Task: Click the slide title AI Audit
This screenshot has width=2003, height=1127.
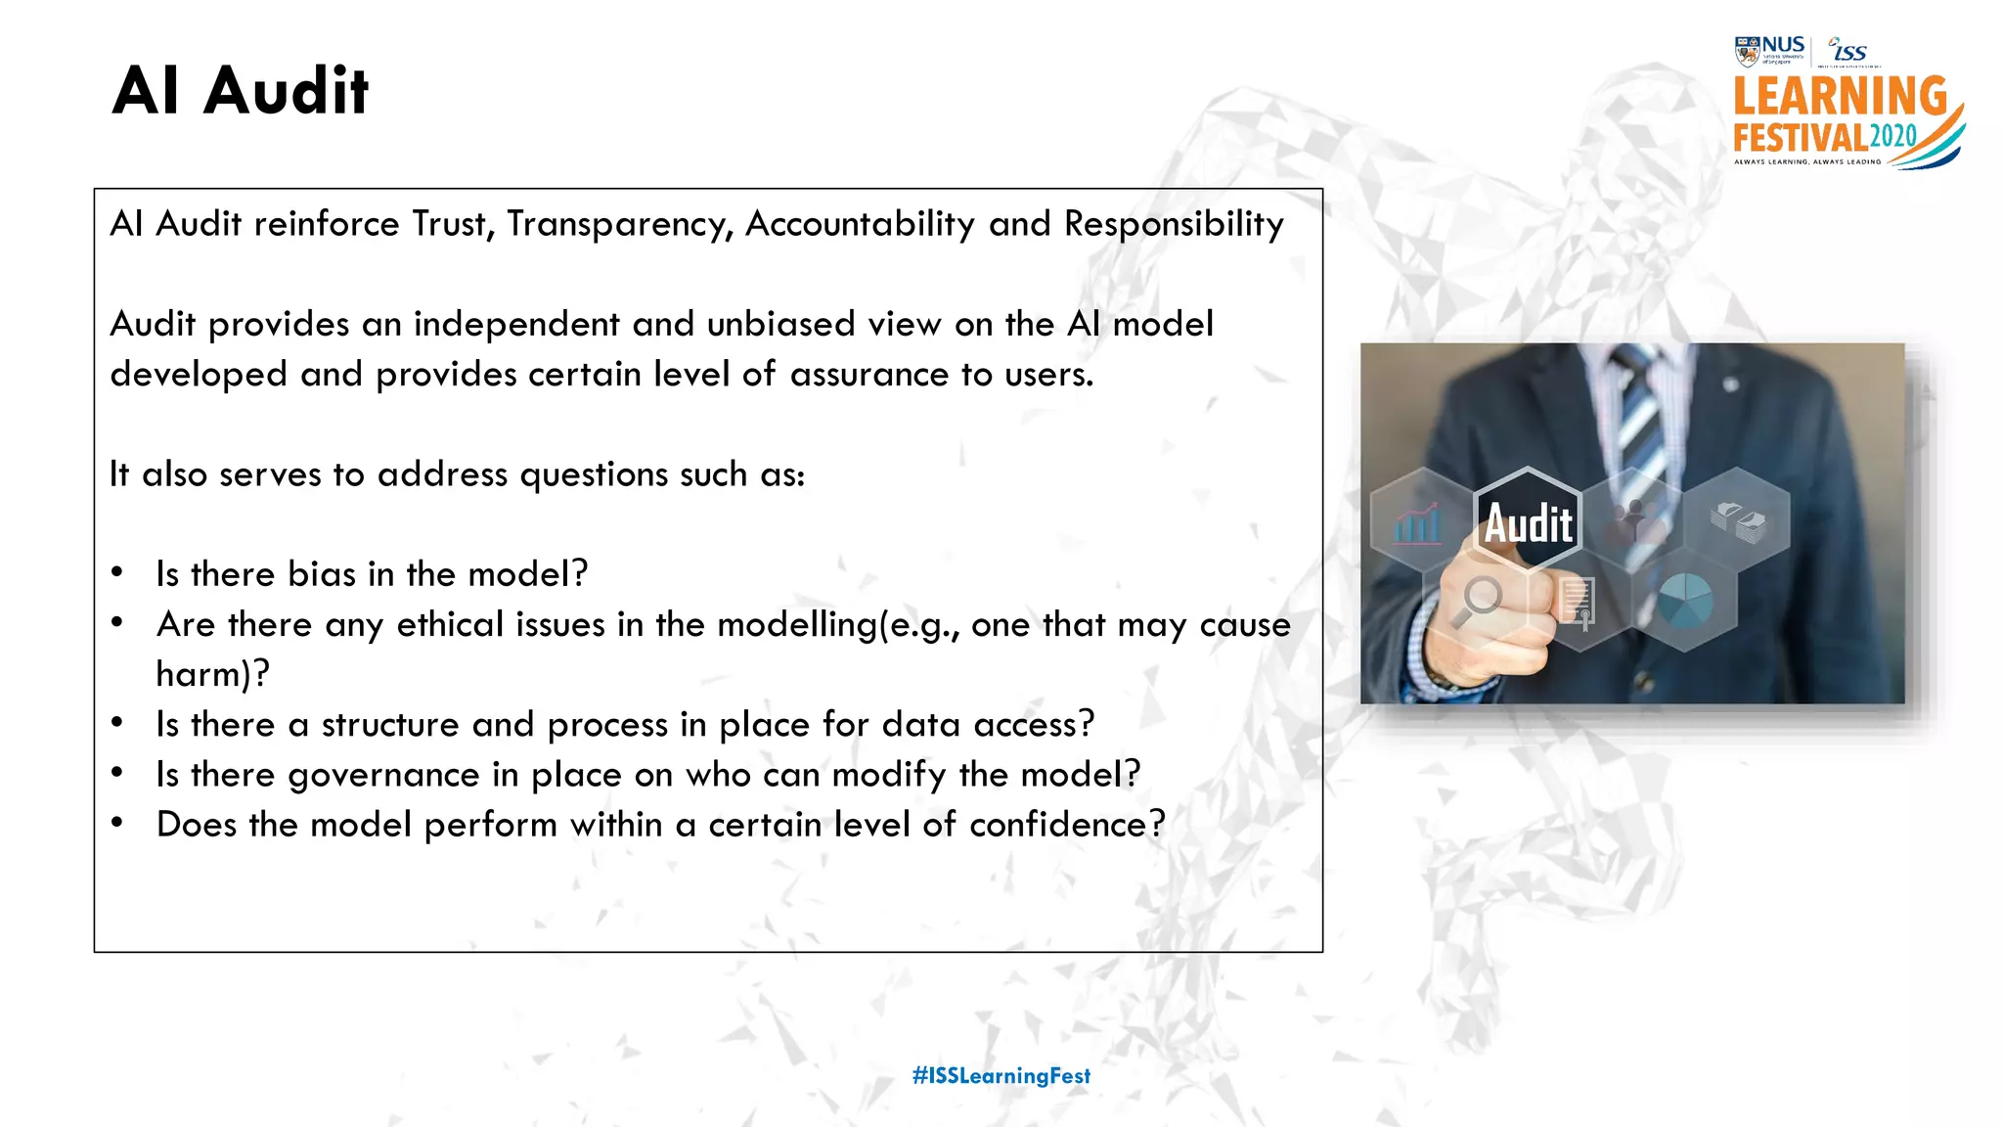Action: [241, 91]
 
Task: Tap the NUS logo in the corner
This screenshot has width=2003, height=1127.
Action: [1770, 50]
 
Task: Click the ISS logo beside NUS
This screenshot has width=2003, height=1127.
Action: [1848, 50]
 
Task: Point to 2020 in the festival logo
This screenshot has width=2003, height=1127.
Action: [1893, 137]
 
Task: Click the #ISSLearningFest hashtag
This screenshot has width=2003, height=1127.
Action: [1001, 1076]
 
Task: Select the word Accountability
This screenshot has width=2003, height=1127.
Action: [860, 225]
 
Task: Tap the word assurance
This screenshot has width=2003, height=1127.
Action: [868, 375]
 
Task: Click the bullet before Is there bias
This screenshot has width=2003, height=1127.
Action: [117, 573]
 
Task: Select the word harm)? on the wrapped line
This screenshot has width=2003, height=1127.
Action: [212, 674]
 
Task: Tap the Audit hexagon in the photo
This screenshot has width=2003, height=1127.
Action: [1528, 522]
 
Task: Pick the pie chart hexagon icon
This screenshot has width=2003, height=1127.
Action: [1685, 600]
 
